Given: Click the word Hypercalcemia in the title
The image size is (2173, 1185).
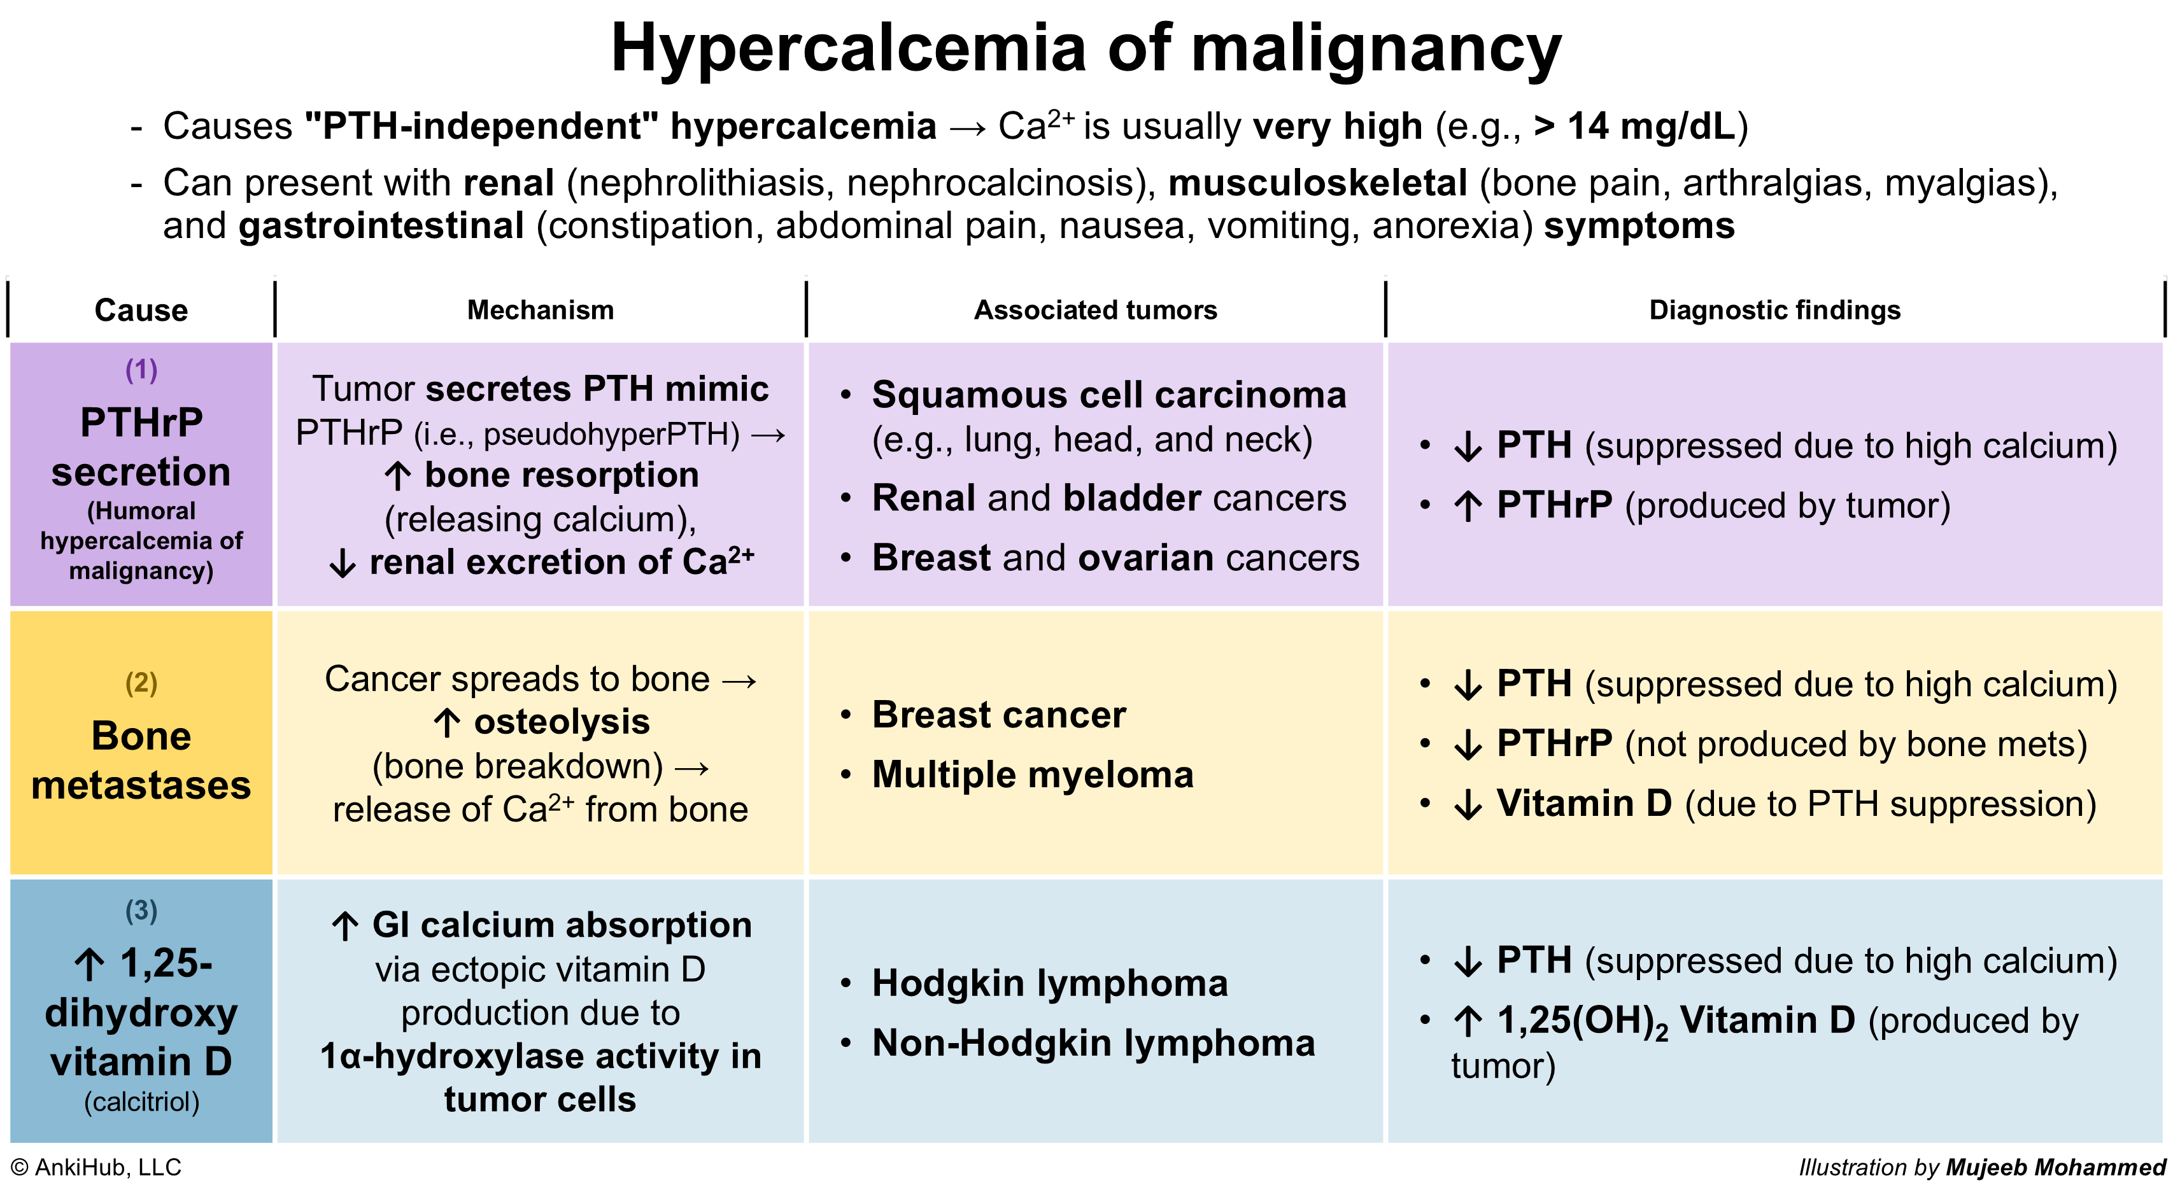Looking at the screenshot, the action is click(x=849, y=49).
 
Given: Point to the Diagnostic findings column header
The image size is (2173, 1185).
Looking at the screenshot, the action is click(x=1775, y=311).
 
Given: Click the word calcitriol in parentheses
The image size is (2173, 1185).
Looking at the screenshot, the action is click(x=142, y=1102).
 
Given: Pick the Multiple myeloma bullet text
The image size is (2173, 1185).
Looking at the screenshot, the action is click(x=1033, y=775).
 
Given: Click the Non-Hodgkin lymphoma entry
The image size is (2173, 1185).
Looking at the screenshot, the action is click(x=1093, y=1043).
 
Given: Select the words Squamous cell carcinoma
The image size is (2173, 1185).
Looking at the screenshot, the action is click(x=1109, y=395).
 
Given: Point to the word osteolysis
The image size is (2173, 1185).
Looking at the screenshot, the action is click(x=562, y=722).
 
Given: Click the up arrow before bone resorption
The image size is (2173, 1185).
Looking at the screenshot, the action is click(x=397, y=475).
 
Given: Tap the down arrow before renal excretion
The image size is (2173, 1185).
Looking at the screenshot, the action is click(x=342, y=563).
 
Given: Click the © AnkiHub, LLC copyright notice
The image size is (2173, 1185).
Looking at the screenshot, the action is click(x=96, y=1167).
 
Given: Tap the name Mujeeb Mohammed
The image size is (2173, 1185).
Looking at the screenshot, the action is click(x=2056, y=1167).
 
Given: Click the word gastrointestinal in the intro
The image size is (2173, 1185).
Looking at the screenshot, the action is click(x=381, y=226).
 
